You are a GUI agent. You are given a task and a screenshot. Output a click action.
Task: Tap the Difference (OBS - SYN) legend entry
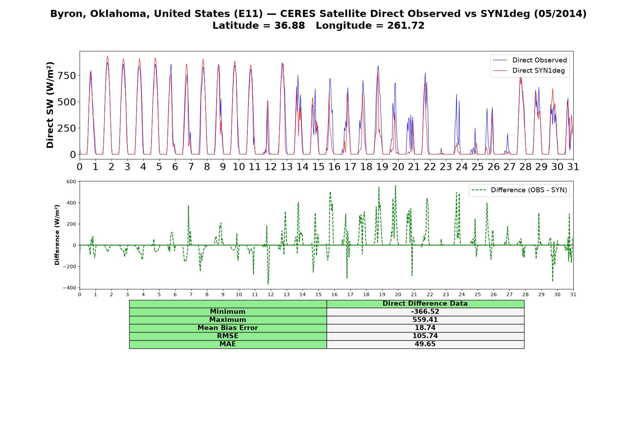[519, 190]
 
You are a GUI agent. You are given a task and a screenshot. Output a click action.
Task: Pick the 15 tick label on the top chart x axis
[318, 166]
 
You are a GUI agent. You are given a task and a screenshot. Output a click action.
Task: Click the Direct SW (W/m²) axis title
[50, 105]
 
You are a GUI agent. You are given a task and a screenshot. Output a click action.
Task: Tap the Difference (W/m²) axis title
[57, 235]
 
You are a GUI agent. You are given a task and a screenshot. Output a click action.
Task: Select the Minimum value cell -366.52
[425, 312]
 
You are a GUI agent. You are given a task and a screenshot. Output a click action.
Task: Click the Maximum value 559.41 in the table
[425, 320]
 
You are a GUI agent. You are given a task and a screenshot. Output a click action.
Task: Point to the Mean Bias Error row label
[228, 328]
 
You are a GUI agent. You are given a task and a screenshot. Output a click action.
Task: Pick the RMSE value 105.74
[425, 336]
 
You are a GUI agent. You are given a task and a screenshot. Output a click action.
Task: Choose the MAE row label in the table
[228, 344]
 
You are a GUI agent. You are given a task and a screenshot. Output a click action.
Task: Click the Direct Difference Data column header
[425, 304]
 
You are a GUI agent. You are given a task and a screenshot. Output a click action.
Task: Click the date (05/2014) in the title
[560, 14]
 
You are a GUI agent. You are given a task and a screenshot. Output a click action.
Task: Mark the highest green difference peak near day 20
[395, 186]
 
